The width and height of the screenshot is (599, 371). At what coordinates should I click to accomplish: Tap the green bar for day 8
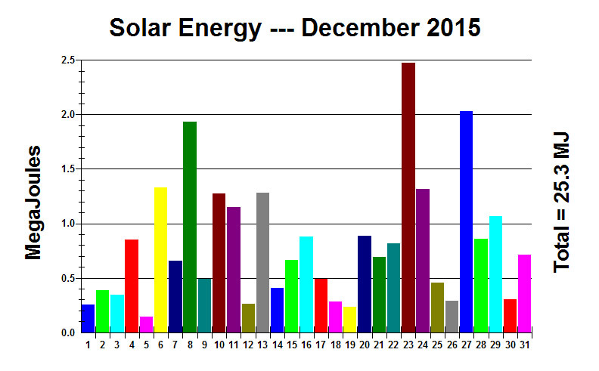[x=190, y=227]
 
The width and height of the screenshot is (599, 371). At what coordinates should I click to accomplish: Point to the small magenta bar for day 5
[x=146, y=324]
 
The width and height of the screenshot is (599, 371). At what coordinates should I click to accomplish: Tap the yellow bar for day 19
[x=349, y=319]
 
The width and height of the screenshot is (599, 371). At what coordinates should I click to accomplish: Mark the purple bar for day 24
[x=423, y=260]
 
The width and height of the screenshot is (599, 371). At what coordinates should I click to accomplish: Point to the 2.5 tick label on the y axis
[x=67, y=60]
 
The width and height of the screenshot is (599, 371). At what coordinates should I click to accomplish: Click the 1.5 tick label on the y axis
[x=67, y=169]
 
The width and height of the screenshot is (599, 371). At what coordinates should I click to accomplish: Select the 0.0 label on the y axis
[x=67, y=332]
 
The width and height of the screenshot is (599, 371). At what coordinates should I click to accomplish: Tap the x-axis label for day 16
[x=306, y=345]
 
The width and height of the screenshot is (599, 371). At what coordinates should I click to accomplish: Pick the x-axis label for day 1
[x=88, y=345]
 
